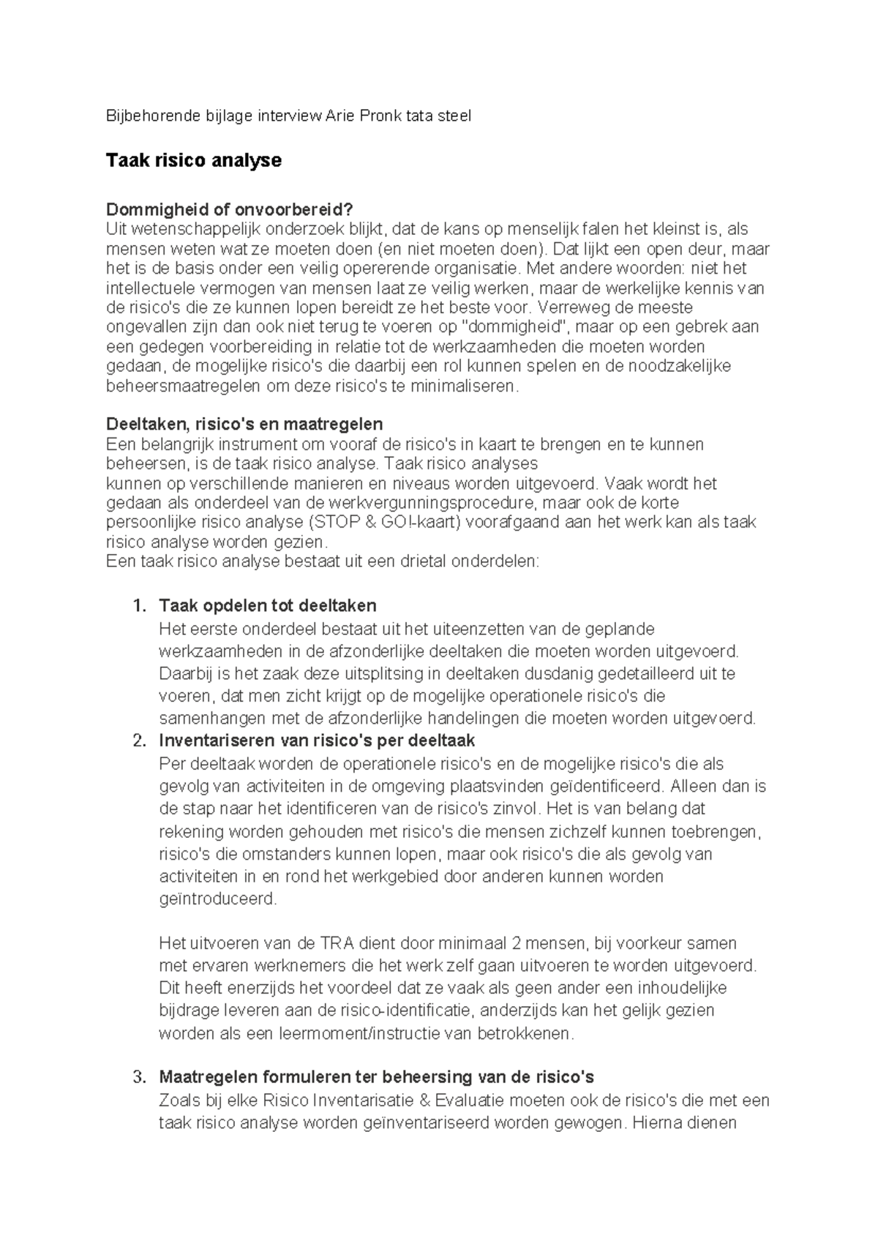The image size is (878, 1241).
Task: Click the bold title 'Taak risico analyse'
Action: click(193, 160)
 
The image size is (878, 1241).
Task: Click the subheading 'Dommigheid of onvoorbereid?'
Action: click(234, 209)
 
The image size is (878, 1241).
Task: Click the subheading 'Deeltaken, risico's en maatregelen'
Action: click(244, 424)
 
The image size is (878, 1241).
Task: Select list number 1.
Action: click(139, 606)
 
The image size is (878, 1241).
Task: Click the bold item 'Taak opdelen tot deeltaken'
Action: click(267, 606)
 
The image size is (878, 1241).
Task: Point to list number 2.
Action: click(139, 741)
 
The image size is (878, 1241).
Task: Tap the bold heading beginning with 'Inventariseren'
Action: click(317, 741)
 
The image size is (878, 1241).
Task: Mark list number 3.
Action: click(139, 1077)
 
